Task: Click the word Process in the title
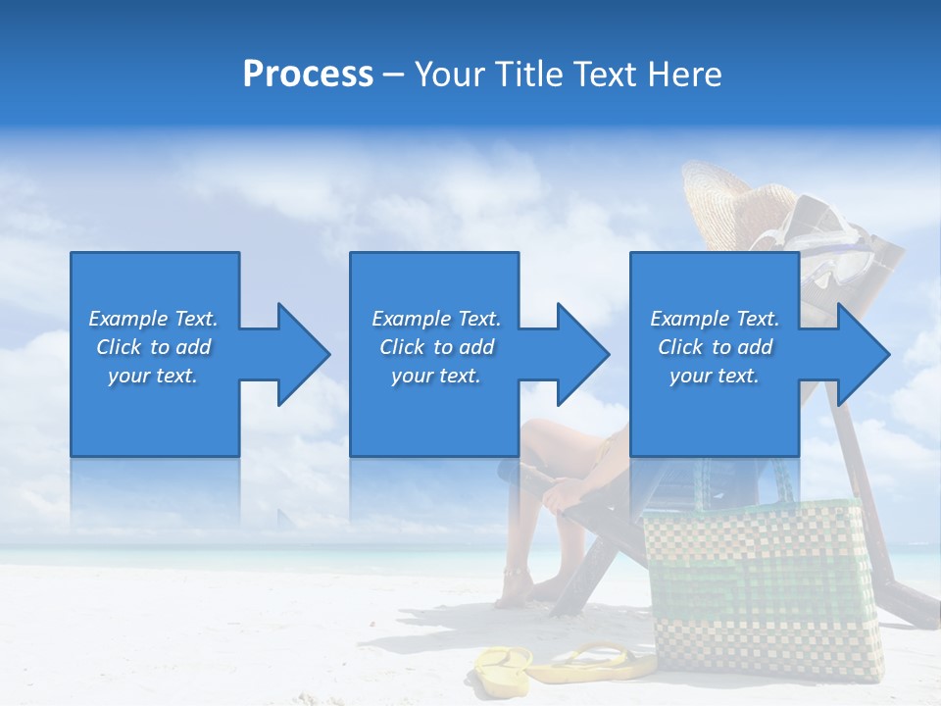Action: [308, 75]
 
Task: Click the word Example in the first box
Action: [127, 319]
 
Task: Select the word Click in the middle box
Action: [401, 347]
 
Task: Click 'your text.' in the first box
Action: [153, 376]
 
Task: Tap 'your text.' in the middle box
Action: [436, 376]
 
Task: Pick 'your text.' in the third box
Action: [715, 376]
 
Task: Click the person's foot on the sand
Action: [515, 588]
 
